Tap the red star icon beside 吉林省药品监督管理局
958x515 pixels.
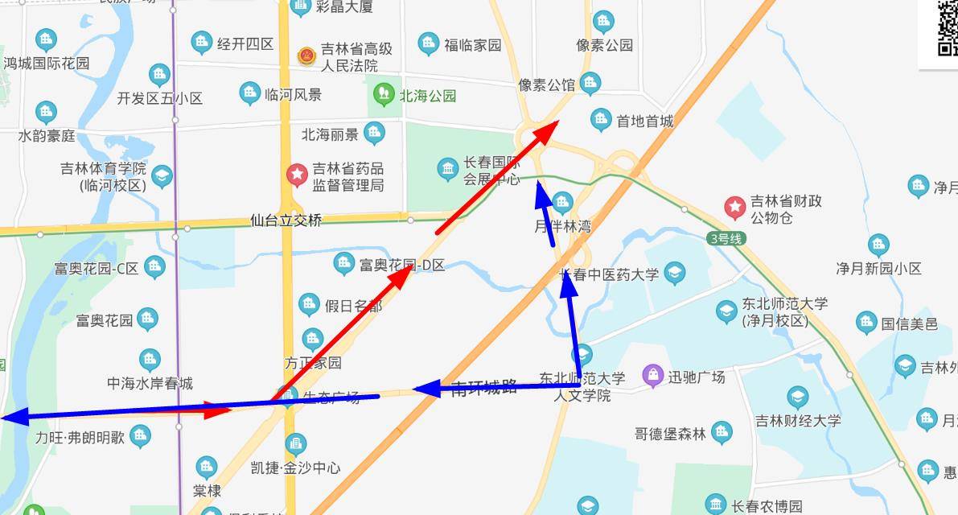point(298,174)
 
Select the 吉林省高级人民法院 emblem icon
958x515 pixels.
point(306,56)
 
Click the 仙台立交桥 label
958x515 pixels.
point(286,220)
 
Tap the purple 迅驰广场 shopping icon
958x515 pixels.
point(652,375)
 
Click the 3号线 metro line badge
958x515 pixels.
point(727,238)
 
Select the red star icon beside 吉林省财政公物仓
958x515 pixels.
point(734,208)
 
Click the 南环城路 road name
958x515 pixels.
point(483,388)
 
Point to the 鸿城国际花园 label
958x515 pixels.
point(47,63)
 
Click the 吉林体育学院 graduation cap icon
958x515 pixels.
point(162,177)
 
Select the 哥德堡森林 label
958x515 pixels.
point(670,434)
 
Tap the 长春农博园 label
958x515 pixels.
point(767,506)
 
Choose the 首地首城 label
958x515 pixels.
point(644,122)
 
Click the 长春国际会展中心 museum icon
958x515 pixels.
point(448,169)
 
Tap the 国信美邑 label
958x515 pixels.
point(909,323)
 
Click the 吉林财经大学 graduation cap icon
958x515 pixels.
point(797,397)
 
